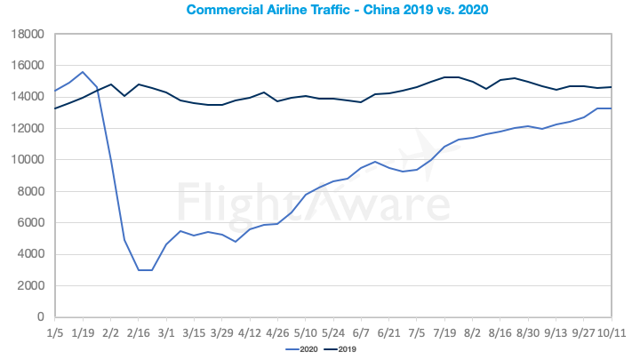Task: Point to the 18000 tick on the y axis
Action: pos(29,35)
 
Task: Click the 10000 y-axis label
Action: pos(29,160)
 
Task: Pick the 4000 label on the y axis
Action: pos(32,254)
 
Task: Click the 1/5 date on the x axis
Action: pos(55,333)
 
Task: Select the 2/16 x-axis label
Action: pos(139,333)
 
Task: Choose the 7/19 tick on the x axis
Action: pos(444,333)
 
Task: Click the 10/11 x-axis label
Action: pos(611,333)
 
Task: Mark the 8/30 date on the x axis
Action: pos(527,333)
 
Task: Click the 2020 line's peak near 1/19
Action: pos(83,72)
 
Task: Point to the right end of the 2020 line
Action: pos(611,108)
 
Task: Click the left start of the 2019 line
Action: pos(56,108)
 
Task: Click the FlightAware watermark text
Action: pos(311,203)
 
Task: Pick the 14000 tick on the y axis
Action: pos(29,97)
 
